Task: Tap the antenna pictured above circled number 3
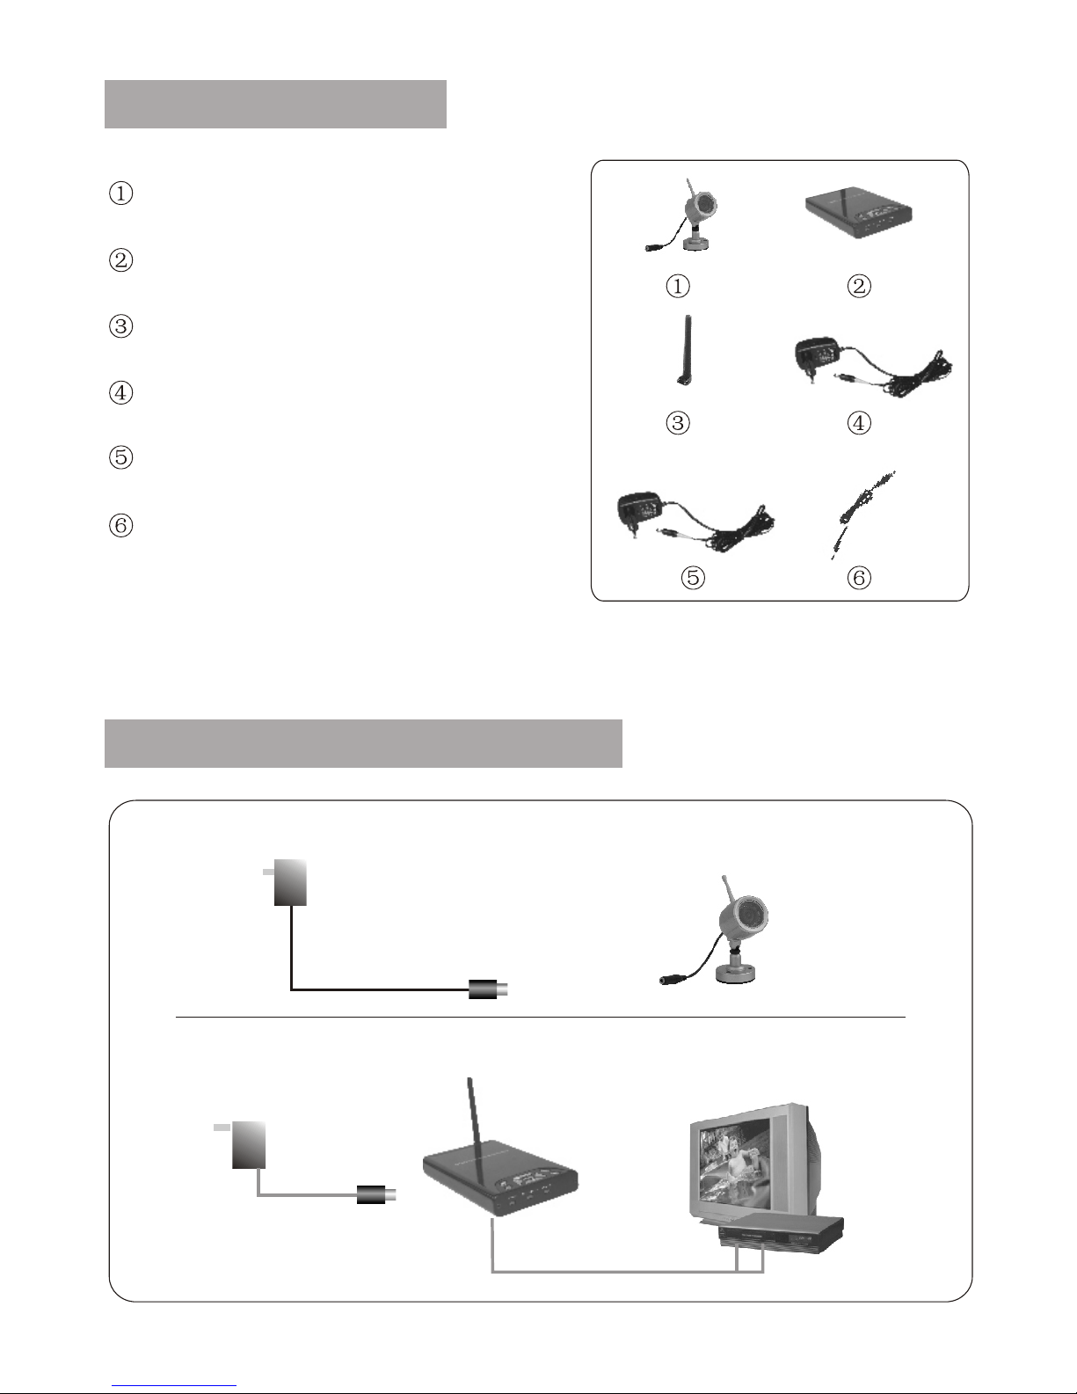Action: (685, 350)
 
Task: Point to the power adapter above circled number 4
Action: (873, 370)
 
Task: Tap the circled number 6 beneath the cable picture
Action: (859, 578)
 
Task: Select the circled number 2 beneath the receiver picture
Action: (859, 286)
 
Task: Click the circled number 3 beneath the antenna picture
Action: (678, 423)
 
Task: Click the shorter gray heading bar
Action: (275, 104)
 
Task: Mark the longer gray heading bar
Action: (363, 743)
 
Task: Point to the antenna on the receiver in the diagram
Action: (475, 1132)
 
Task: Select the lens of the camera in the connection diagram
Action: (751, 914)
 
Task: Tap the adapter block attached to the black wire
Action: (290, 883)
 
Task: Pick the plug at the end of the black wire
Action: (488, 989)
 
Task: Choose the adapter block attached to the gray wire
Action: (249, 1145)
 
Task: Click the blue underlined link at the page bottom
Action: (174, 1383)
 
